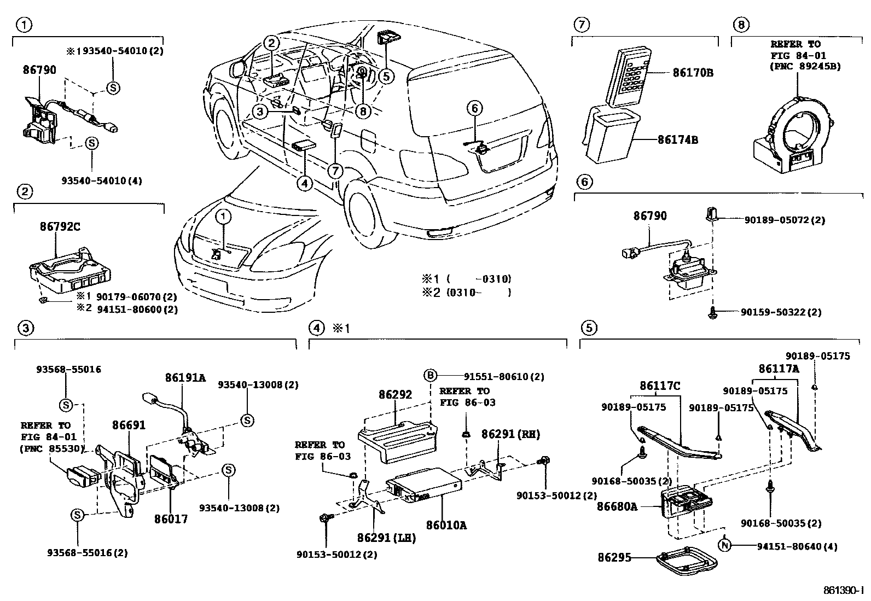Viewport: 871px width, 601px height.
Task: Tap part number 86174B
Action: pyautogui.click(x=678, y=140)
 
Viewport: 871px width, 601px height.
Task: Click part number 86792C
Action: pyautogui.click(x=60, y=226)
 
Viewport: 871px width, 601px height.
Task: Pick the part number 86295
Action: pyautogui.click(x=614, y=558)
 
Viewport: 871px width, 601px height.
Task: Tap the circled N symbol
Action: pyautogui.click(x=725, y=545)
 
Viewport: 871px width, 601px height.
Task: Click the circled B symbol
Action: pyautogui.click(x=431, y=375)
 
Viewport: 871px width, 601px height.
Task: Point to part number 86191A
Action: pyautogui.click(x=185, y=377)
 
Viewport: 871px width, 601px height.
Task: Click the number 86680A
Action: pyautogui.click(x=617, y=506)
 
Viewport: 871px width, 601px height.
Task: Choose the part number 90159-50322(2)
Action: pyautogui.click(x=781, y=312)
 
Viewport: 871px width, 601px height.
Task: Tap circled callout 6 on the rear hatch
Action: pyautogui.click(x=474, y=108)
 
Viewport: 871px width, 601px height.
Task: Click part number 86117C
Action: pyautogui.click(x=659, y=386)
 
